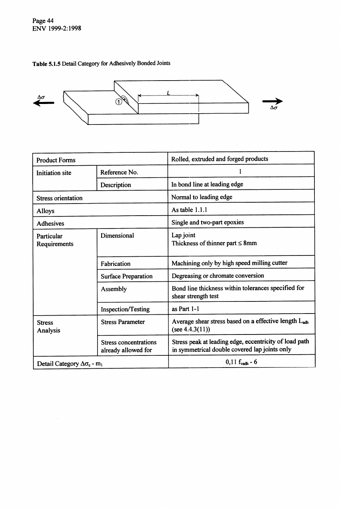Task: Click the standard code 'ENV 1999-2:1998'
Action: click(54, 28)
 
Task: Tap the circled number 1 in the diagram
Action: click(118, 102)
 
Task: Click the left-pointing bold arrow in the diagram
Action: click(43, 103)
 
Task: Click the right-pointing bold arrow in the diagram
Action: click(272, 102)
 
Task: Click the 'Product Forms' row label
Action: click(56, 160)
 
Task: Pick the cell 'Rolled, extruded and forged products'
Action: click(219, 159)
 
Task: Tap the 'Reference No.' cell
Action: click(119, 172)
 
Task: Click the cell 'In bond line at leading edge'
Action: click(207, 185)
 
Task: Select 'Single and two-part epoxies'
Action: click(207, 222)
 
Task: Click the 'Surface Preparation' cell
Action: click(127, 276)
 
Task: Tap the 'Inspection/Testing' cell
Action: click(125, 309)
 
